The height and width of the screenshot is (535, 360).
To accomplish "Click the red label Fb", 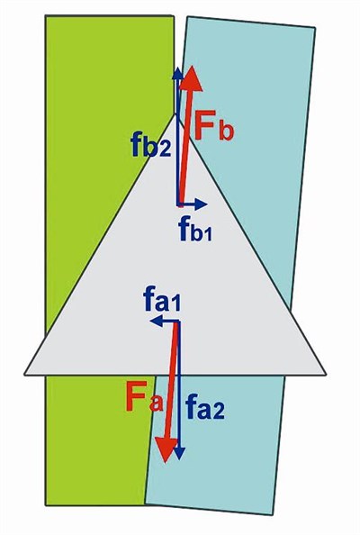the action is point(214,125).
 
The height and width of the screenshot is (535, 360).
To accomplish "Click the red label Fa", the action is point(144,397).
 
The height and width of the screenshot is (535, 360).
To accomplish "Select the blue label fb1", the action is point(195,230).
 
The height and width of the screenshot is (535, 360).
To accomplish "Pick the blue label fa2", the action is point(205,407).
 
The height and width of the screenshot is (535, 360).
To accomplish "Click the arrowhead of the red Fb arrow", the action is point(192,79).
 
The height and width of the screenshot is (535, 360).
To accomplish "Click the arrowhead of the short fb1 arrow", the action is point(202,204).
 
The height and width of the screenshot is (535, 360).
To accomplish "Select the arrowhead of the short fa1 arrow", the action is point(156,321).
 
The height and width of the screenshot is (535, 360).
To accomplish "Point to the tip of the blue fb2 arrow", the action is point(177,68).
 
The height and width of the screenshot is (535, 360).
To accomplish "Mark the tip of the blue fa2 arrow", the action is point(179,459).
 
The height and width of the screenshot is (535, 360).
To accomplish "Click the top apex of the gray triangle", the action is point(176,114).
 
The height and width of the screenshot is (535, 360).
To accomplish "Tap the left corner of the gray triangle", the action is point(24,375).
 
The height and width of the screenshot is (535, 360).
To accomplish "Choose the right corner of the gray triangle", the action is point(326,375).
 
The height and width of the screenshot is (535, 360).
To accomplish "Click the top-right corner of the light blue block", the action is point(315,28).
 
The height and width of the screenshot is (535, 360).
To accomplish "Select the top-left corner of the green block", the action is point(45,15).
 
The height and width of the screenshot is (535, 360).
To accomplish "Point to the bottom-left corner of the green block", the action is point(46,505).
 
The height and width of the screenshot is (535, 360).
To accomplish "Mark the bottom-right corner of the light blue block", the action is point(273,515).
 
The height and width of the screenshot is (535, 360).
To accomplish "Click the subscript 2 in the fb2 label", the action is point(165,150).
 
